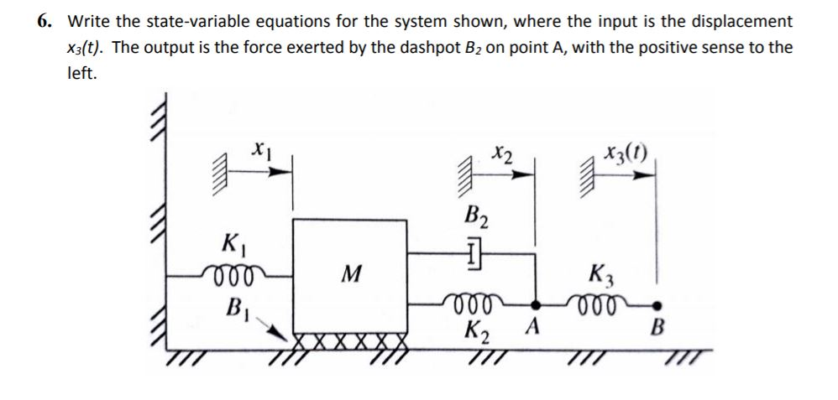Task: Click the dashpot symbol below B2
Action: coord(473,250)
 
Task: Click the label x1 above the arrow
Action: coord(259,150)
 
